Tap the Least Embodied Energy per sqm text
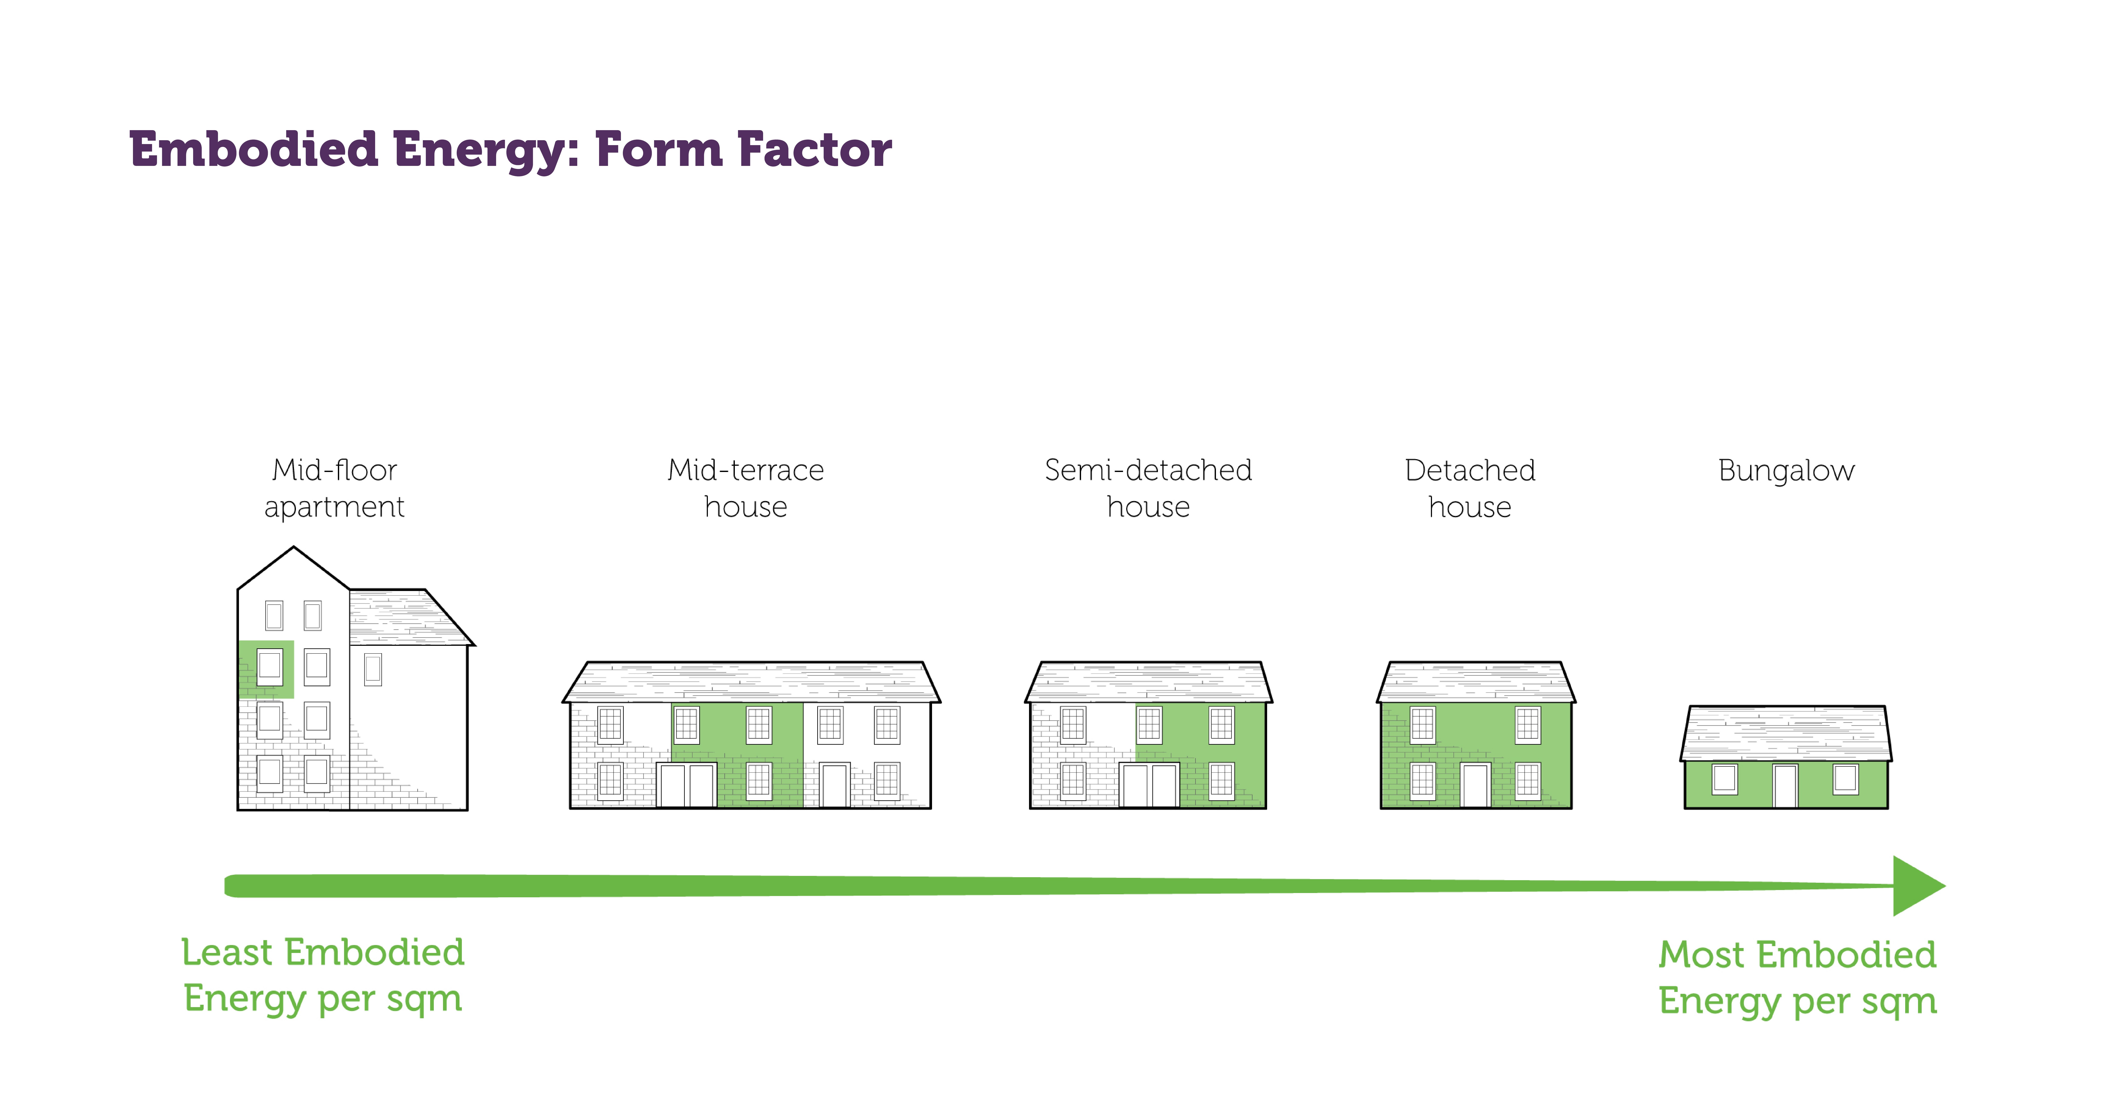coord(322,976)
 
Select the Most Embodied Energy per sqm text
coord(1797,978)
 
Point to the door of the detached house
coord(1475,785)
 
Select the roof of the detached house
coord(1476,682)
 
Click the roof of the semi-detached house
coord(1149,682)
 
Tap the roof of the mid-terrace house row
coord(751,682)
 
